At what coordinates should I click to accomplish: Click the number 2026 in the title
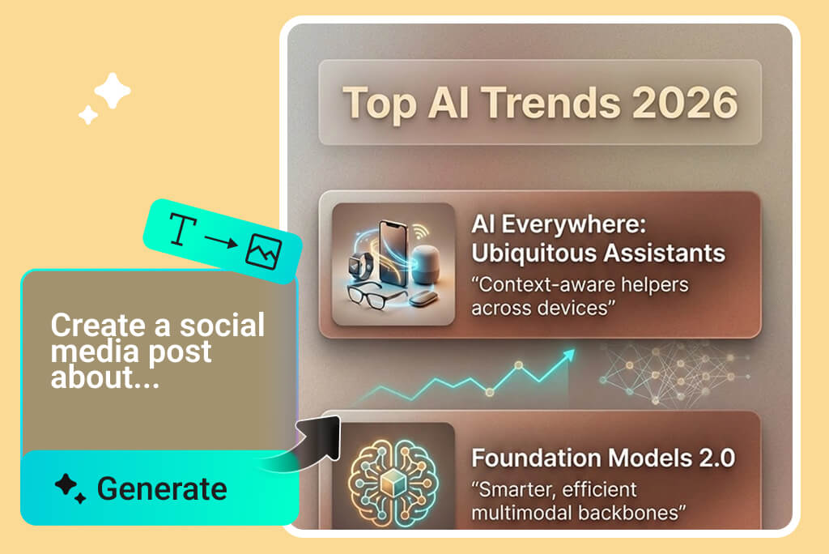click(x=685, y=103)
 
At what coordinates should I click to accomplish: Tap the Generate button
click(x=159, y=488)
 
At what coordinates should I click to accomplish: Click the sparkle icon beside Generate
click(x=70, y=488)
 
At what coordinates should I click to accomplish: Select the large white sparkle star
click(x=112, y=91)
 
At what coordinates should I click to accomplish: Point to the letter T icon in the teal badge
click(x=182, y=229)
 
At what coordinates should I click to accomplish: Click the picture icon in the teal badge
click(x=263, y=251)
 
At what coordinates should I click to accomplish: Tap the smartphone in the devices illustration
click(x=393, y=254)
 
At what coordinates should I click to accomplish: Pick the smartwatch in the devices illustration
click(x=359, y=266)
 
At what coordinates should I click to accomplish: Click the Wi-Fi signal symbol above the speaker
click(x=420, y=231)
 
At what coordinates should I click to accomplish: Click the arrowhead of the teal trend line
click(x=568, y=355)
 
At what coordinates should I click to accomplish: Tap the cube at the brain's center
click(x=393, y=483)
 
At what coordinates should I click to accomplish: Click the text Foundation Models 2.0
click(x=603, y=458)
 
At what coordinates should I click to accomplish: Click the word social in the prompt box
click(x=222, y=325)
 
